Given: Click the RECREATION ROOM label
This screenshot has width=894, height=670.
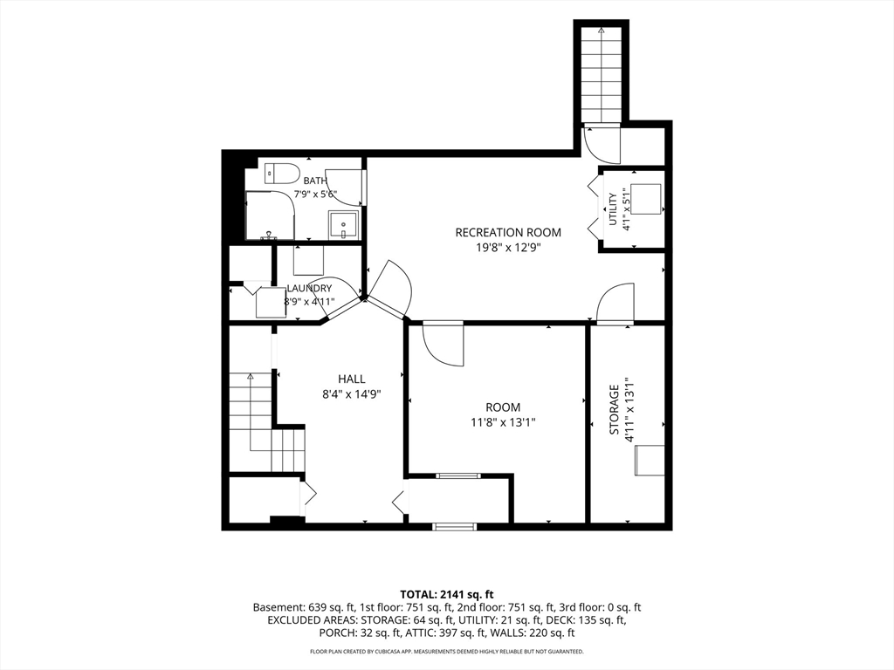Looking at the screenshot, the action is pos(508,232).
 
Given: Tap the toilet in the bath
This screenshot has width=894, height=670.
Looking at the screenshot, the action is pos(282,174).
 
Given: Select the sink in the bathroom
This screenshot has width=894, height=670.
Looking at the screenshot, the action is pos(343,226).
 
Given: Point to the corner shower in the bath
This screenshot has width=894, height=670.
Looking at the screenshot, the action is pos(271,215).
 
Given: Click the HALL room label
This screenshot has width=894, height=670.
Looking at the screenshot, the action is pos(351,379).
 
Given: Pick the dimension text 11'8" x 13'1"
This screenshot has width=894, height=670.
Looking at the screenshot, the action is pos(503,422).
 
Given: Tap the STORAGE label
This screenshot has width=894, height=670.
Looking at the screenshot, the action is pos(614,410).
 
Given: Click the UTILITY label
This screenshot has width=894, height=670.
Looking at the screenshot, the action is pos(613,209).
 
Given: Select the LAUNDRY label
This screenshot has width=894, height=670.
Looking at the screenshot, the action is pos(309,288).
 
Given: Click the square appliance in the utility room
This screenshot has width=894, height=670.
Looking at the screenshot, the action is pos(646,199).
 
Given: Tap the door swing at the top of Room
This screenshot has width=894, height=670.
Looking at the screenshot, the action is pos(443,345).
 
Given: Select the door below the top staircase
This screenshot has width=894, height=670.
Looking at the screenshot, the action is pos(602,145).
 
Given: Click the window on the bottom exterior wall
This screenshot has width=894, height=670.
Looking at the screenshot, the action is pos(454,526).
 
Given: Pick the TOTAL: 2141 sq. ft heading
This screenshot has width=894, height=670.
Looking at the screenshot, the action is pos(446,595).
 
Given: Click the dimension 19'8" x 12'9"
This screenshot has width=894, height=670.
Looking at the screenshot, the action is pos(508,248).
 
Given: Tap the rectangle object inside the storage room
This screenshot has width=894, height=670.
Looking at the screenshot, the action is pos(650,461).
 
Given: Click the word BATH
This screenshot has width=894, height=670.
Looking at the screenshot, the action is pos(315,181).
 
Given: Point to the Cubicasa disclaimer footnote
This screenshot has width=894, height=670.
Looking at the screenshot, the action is pos(446,651).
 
